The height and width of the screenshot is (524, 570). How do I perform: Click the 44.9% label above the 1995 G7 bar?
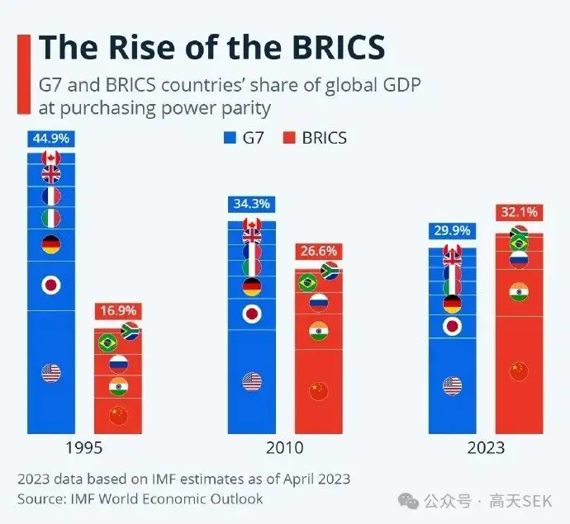[x=51, y=138]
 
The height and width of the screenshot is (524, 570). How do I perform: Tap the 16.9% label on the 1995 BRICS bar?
[x=119, y=311]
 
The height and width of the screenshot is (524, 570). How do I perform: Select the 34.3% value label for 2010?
[x=252, y=204]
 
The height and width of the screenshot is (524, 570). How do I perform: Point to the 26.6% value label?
[x=319, y=251]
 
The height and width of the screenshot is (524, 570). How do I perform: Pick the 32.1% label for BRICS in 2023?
[x=519, y=212]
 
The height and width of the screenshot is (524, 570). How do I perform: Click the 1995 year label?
[x=85, y=448]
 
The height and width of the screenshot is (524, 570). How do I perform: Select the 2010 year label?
[x=285, y=448]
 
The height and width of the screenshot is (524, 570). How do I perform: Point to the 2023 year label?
[x=485, y=448]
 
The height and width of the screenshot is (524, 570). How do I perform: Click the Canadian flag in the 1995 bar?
[x=51, y=158]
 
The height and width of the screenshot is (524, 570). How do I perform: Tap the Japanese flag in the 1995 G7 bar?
[x=51, y=286]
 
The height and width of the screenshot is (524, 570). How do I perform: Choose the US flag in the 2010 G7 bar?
[x=252, y=381]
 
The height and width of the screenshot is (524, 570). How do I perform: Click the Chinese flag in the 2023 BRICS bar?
[x=519, y=371]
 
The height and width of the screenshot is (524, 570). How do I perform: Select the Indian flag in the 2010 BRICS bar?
[x=319, y=331]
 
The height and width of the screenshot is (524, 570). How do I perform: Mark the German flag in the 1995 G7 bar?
[x=51, y=244]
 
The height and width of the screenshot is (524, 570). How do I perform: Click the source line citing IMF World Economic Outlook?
[x=140, y=498]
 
